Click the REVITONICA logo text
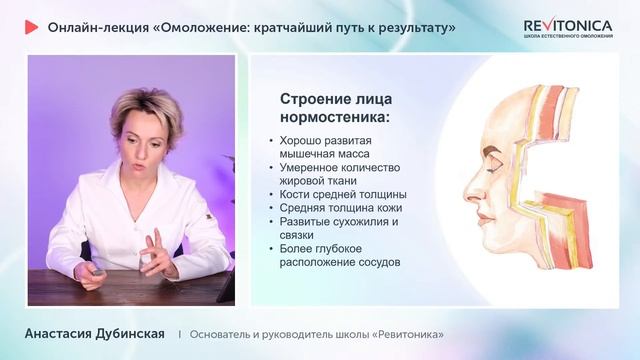coord(568,26)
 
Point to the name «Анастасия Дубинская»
coord(95,333)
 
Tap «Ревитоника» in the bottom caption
coord(405,334)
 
